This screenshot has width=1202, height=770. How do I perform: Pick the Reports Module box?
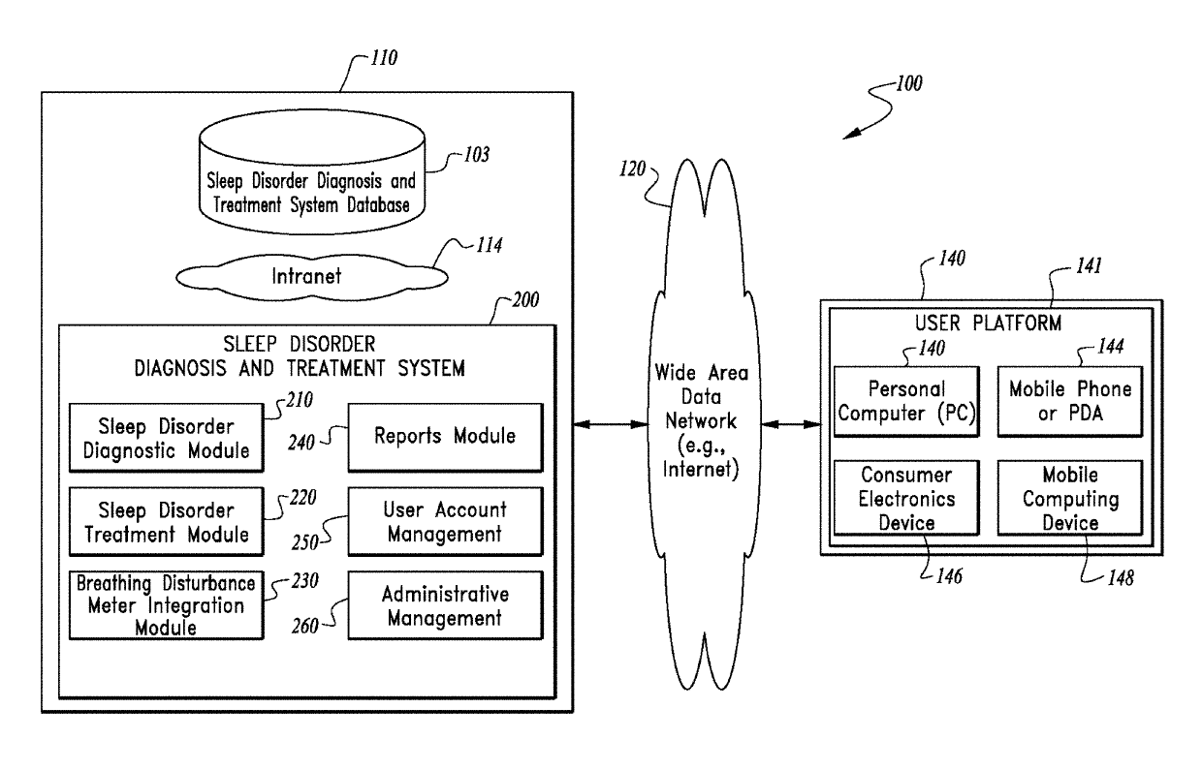(445, 437)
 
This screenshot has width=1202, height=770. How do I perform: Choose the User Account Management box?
(445, 520)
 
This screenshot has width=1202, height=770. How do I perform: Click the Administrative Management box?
(445, 604)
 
